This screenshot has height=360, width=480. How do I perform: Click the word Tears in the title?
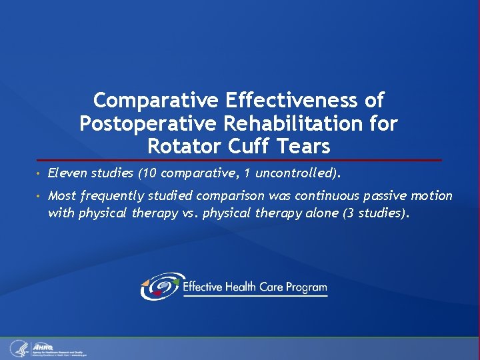[x=303, y=145]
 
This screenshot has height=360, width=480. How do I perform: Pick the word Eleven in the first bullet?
[x=65, y=174]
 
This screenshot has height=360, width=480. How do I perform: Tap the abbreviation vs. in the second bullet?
[x=191, y=213]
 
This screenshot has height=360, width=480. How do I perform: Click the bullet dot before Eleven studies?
[x=40, y=175]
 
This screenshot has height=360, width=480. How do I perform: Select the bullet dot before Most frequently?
[x=40, y=197]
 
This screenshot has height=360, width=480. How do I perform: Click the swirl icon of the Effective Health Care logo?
[x=160, y=287]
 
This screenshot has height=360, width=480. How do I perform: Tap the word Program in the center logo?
[x=306, y=287]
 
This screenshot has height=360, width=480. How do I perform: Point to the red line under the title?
[x=240, y=160]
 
